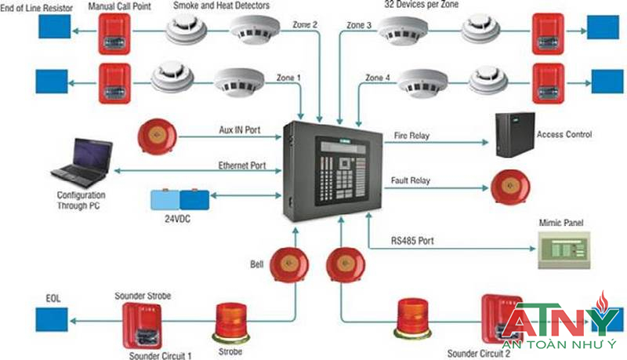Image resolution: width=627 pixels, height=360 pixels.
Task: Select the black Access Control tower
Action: pyautogui.click(x=513, y=133)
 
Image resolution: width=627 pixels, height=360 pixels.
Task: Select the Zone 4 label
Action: pyautogui.click(x=380, y=77)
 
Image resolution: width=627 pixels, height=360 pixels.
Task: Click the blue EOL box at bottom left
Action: pyautogui.click(x=52, y=319)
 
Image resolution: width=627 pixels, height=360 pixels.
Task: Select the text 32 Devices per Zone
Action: pyautogui.click(x=421, y=5)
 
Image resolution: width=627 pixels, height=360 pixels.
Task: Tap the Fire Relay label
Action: pyautogui.click(x=410, y=136)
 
